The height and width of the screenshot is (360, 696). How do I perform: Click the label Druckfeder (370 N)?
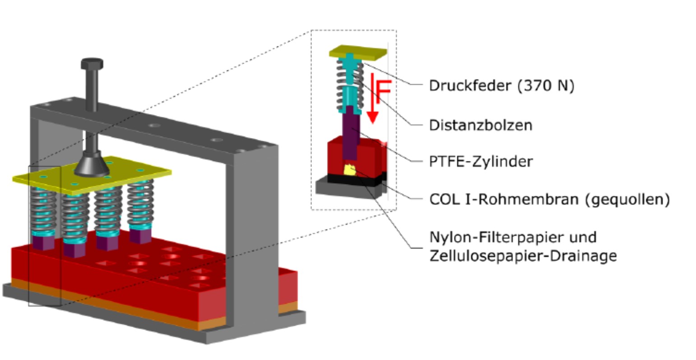[x=501, y=85]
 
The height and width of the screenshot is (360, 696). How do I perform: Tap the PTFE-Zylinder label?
[x=480, y=161]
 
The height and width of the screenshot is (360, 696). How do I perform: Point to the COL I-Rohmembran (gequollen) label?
[x=549, y=199]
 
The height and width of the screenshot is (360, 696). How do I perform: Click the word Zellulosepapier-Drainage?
[x=522, y=256]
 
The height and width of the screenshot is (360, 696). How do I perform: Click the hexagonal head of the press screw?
[x=92, y=64]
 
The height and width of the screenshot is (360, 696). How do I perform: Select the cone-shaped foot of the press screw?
[x=92, y=166]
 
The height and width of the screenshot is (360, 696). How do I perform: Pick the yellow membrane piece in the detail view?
[x=350, y=170]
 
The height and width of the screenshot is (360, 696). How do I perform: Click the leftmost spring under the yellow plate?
[x=44, y=210]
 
